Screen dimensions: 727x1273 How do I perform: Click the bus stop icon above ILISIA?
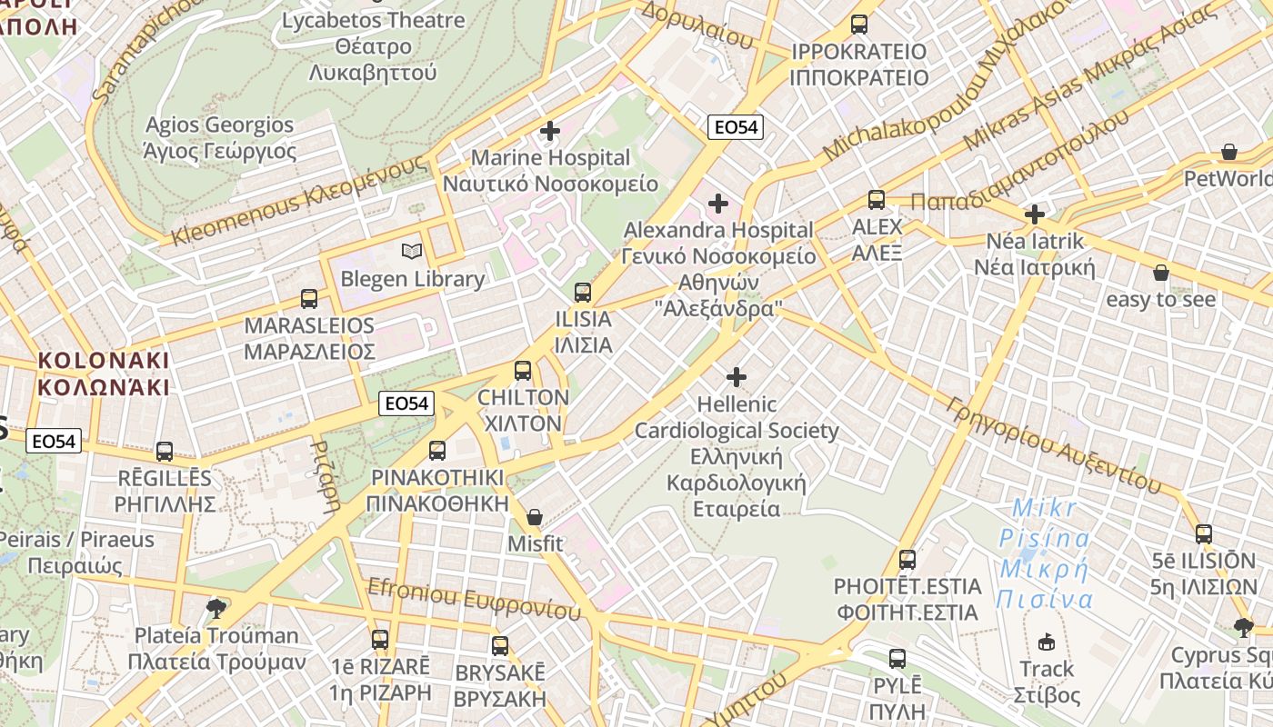coord(583,293)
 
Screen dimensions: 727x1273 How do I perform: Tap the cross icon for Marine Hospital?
coord(550,131)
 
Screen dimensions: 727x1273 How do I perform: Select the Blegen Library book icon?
coord(412,251)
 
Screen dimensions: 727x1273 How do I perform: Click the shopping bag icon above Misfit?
coord(535,517)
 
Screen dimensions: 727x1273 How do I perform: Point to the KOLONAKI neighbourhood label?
coord(104,373)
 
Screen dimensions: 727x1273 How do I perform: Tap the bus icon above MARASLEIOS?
coord(309,298)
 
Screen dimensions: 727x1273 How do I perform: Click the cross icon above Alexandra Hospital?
coord(718,203)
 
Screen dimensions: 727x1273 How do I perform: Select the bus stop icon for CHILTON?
coord(523,371)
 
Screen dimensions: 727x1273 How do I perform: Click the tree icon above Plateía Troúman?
coord(216,608)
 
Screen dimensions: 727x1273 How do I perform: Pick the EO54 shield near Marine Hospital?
coord(736,127)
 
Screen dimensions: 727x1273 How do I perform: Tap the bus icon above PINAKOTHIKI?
coord(437,450)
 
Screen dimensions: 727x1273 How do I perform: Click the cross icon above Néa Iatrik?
coord(1035,214)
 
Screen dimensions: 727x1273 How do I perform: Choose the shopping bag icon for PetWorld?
coord(1229,151)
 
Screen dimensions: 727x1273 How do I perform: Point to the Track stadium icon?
coord(1047,642)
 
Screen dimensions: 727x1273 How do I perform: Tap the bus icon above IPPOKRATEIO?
coord(859,25)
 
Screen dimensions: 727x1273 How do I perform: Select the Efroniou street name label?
coord(473,599)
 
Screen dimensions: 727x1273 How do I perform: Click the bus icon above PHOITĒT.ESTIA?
coord(907,559)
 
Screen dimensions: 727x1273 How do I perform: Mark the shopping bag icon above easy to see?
coord(1160,272)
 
